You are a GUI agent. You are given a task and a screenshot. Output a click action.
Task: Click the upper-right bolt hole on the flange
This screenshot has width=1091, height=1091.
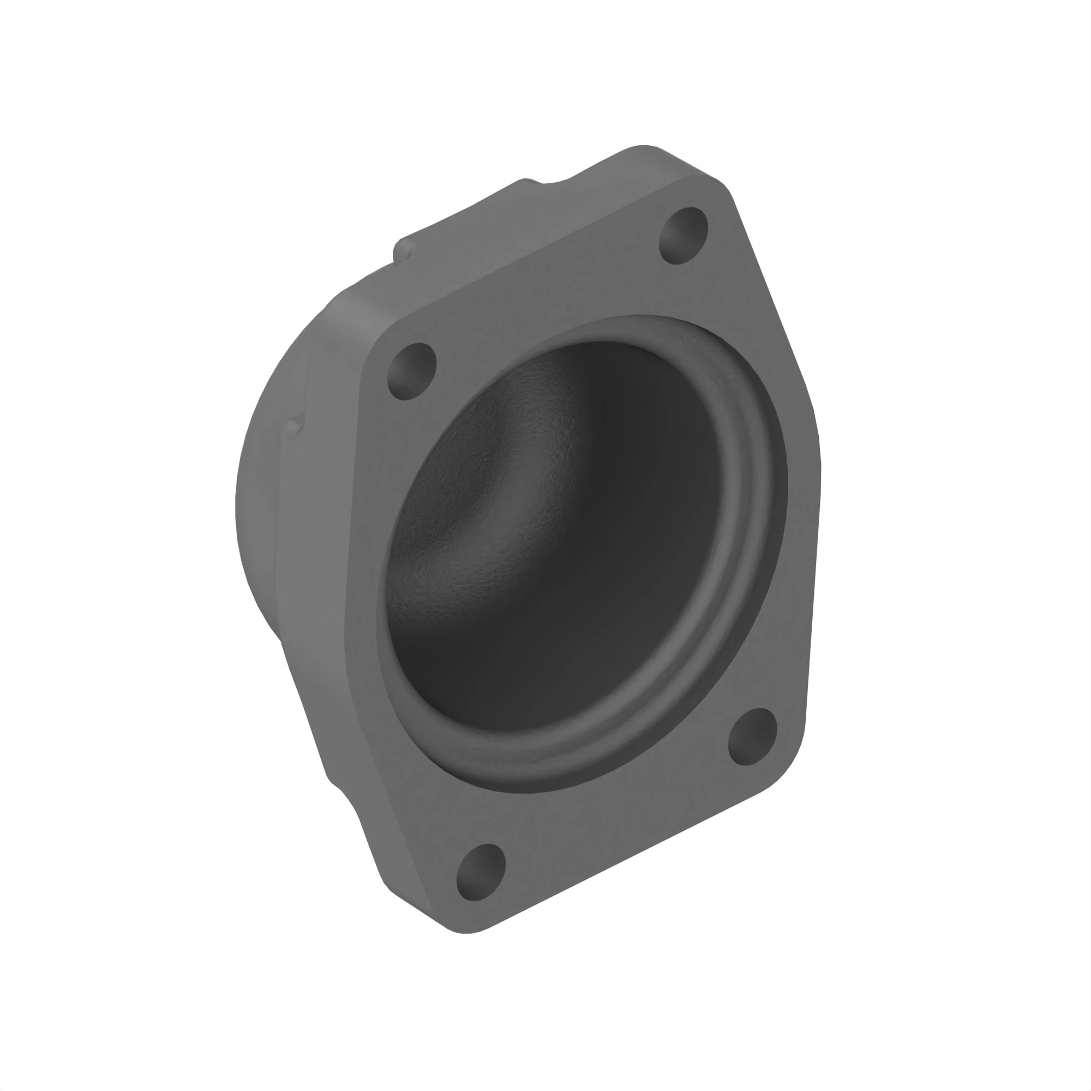[684, 235]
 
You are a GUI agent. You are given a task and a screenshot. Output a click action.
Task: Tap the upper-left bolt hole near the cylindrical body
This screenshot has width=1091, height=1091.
[412, 371]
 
